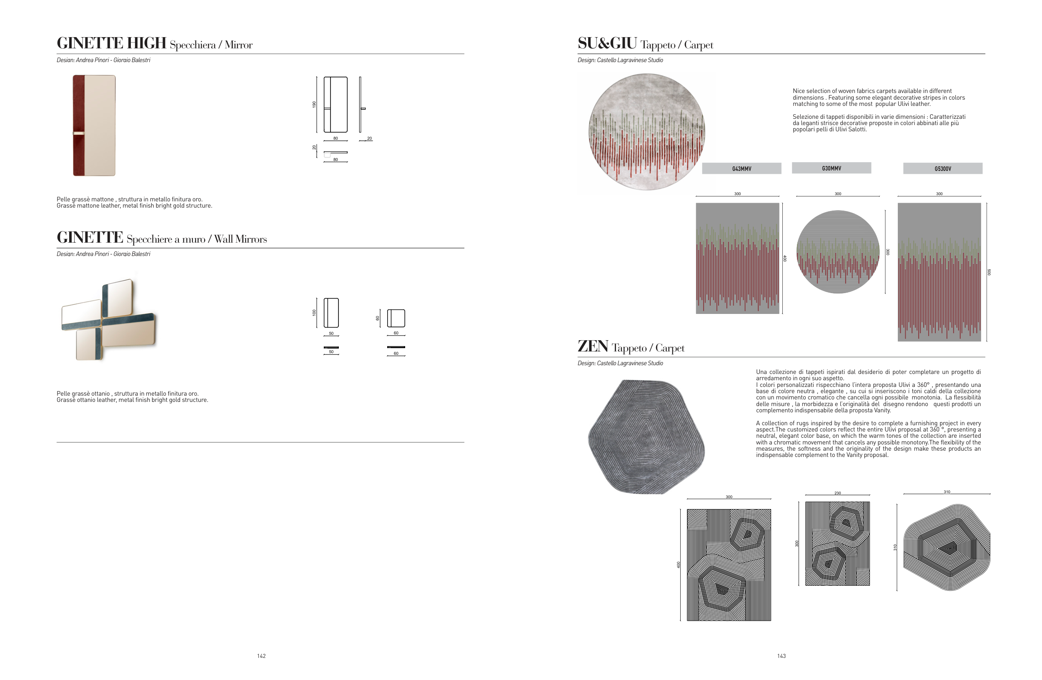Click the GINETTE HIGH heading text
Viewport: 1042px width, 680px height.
[x=112, y=43]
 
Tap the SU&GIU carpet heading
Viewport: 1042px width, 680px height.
[x=607, y=43]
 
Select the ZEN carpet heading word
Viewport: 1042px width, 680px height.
[x=593, y=346]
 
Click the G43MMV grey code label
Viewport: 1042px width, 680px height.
[x=741, y=168]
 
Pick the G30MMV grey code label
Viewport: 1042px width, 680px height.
[x=832, y=168]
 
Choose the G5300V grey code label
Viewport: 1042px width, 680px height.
[x=943, y=168]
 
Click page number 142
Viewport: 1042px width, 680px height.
[x=261, y=656]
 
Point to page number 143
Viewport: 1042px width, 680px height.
[x=781, y=656]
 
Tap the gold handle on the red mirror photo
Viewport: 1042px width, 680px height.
[x=79, y=133]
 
